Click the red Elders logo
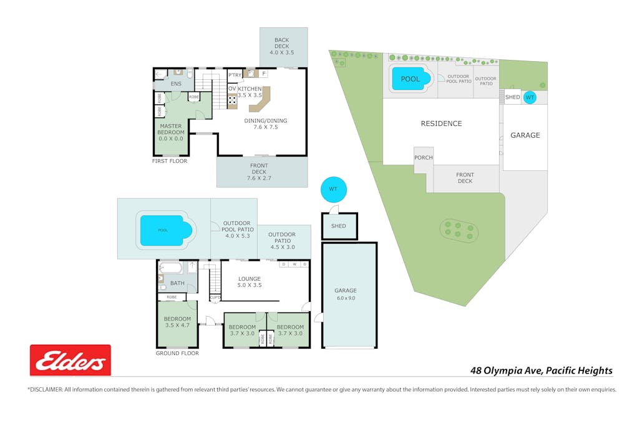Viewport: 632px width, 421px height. click(x=70, y=360)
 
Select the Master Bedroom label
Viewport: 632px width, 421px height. click(x=170, y=132)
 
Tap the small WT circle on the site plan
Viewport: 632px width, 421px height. click(x=530, y=97)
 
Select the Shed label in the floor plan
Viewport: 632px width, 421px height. click(x=339, y=226)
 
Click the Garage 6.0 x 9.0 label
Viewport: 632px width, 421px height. click(x=345, y=294)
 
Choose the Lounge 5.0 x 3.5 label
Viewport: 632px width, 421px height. click(x=249, y=282)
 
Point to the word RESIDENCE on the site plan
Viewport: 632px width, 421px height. click(x=441, y=123)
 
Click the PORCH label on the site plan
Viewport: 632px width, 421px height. click(x=423, y=158)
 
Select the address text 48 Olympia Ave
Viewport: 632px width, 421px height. click(x=541, y=370)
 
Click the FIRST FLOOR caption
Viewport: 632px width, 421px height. click(x=170, y=161)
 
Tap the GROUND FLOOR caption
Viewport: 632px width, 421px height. click(x=177, y=353)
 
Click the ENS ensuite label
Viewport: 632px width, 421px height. click(x=176, y=84)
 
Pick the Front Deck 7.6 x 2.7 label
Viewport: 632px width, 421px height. click(x=261, y=175)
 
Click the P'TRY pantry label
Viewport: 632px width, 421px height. click(x=235, y=75)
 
